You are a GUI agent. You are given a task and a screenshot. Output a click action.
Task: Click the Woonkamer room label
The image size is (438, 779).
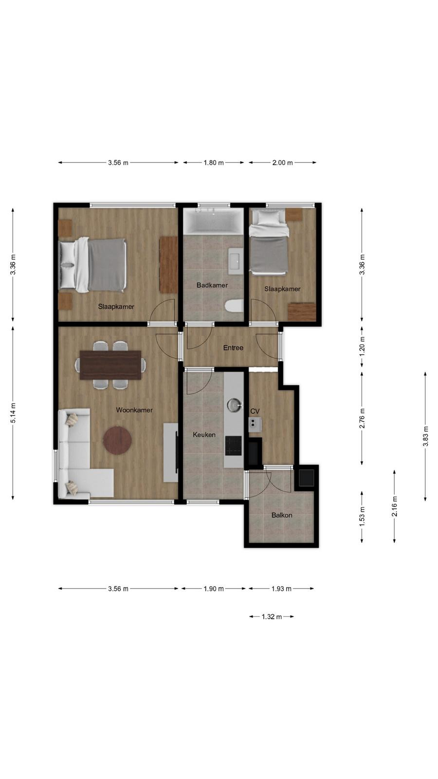(134, 410)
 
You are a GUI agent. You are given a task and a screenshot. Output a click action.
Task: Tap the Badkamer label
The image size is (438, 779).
(212, 285)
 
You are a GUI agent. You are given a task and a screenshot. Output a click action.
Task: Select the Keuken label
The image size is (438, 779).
(204, 435)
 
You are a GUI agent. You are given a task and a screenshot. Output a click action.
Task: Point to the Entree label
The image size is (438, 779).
(233, 348)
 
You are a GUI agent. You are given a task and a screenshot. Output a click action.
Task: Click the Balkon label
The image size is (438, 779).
(282, 515)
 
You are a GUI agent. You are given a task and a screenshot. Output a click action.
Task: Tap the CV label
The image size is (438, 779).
(255, 411)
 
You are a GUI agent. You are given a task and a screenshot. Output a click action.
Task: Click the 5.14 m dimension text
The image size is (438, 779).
(13, 413)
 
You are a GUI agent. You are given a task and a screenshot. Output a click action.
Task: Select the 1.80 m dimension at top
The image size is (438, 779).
(214, 163)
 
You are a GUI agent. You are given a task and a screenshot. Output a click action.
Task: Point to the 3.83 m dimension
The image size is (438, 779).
(425, 436)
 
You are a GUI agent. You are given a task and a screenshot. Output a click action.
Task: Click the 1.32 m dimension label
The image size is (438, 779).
(272, 616)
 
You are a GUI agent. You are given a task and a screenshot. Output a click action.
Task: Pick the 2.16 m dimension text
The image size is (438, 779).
(395, 506)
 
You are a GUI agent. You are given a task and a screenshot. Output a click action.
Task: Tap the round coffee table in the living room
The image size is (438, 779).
(117, 440)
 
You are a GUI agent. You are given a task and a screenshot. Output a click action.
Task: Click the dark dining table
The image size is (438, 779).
(110, 365)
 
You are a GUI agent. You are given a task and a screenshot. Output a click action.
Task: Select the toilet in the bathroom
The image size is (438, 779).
(234, 306)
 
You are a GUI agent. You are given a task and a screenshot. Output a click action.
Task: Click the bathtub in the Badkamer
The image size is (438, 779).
(213, 221)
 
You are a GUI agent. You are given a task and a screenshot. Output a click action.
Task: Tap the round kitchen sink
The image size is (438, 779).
(234, 405)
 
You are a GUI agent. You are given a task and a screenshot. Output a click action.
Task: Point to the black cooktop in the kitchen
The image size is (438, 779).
(233, 445)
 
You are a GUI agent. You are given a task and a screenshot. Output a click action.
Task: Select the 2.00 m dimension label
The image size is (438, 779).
(282, 163)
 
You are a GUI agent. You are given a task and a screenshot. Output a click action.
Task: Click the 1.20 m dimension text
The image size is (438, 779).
(362, 346)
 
